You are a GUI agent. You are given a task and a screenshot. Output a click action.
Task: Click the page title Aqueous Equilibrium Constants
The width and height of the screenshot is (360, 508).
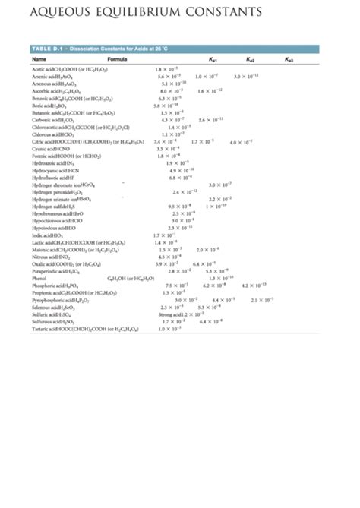(144, 13)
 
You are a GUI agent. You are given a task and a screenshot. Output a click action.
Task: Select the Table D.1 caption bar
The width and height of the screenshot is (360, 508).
(83, 49)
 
